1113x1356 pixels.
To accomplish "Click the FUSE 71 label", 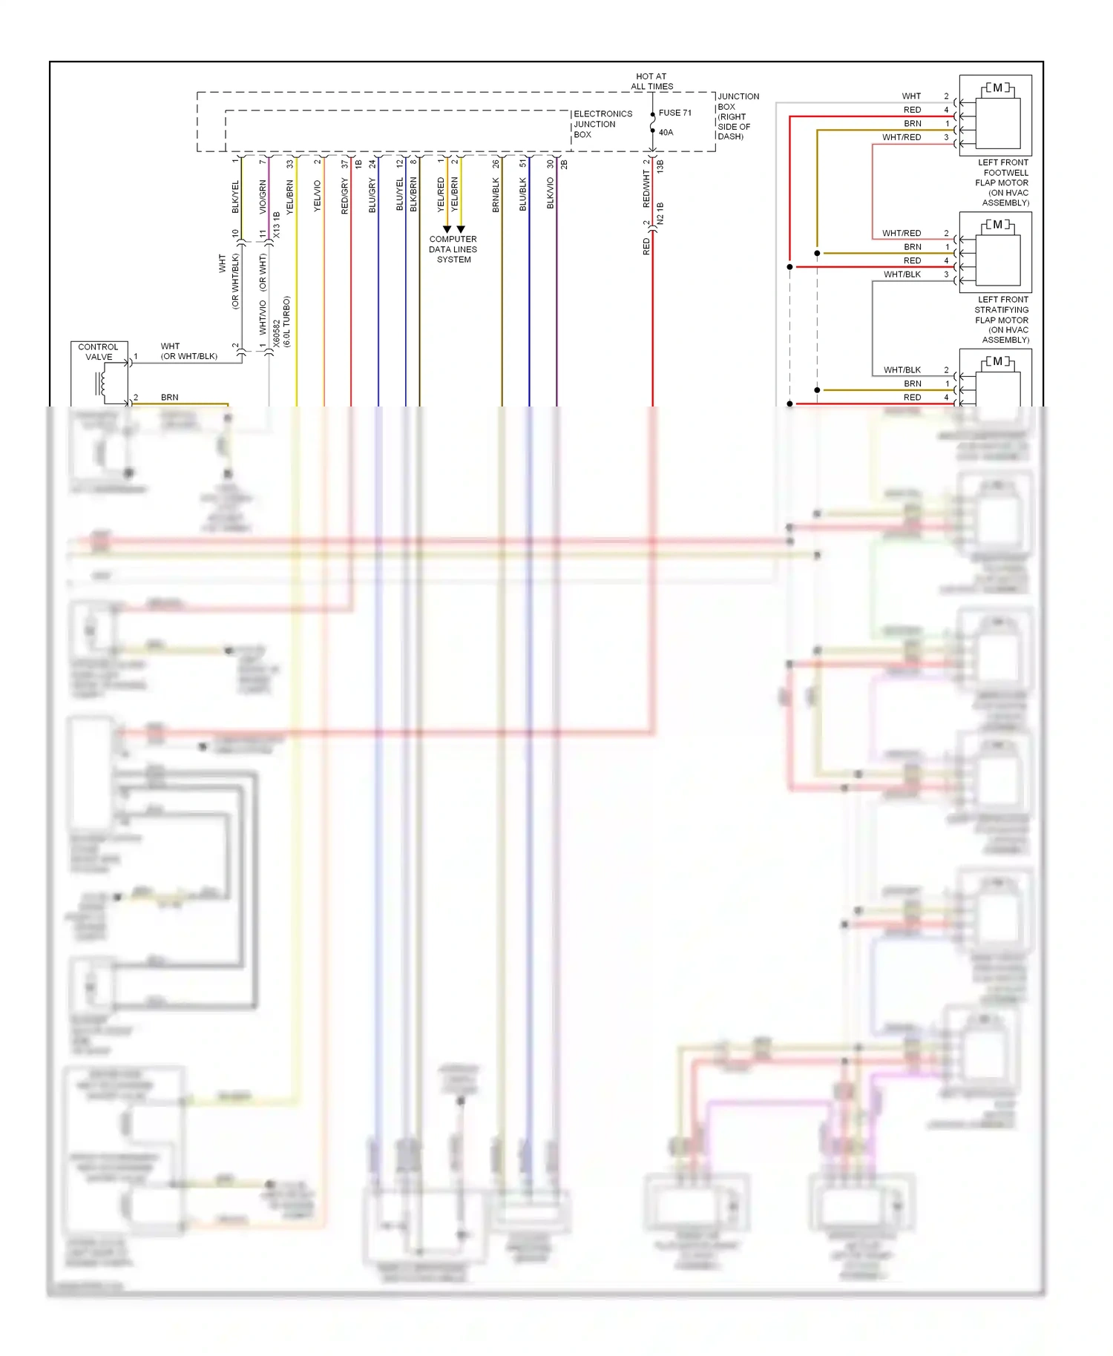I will [674, 113].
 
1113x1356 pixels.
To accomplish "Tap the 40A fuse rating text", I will [666, 133].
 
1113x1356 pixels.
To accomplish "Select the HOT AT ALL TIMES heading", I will [651, 82].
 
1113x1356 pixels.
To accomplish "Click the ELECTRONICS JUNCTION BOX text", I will [602, 124].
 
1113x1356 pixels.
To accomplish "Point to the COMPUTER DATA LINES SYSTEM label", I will [453, 249].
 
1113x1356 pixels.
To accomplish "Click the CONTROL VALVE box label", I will [99, 352].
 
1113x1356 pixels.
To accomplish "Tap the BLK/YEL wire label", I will [236, 197].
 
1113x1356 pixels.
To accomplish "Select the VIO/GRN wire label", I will [263, 197].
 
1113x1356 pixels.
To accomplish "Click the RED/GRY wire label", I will [345, 197].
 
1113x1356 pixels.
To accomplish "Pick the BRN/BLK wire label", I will [496, 195].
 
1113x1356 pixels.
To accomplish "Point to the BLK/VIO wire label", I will [551, 193].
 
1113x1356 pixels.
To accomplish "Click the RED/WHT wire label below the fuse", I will [646, 188].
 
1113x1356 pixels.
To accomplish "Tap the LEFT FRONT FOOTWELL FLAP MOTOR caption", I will [1002, 182].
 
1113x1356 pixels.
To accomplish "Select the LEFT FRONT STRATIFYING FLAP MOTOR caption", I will [1002, 320].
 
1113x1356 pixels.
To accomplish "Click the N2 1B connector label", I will [660, 214].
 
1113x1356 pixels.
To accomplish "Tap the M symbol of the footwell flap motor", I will [997, 88].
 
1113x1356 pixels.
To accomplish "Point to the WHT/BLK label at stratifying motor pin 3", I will [902, 274].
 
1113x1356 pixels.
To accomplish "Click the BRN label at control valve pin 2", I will [169, 398].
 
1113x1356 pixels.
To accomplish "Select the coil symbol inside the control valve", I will [102, 384].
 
